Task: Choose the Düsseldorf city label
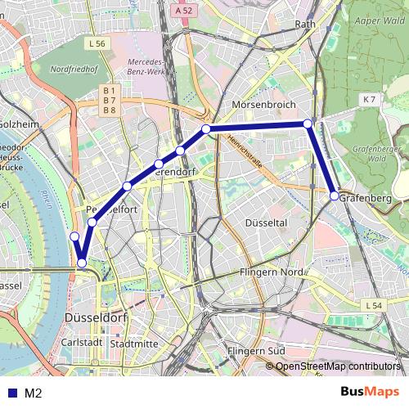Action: click(x=96, y=317)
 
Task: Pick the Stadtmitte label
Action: click(x=133, y=344)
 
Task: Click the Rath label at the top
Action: click(x=304, y=25)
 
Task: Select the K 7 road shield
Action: click(x=369, y=100)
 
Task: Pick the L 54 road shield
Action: click(x=373, y=305)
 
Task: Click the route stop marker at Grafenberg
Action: click(x=335, y=196)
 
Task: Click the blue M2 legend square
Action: click(x=11, y=393)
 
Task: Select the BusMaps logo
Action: click(x=369, y=392)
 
